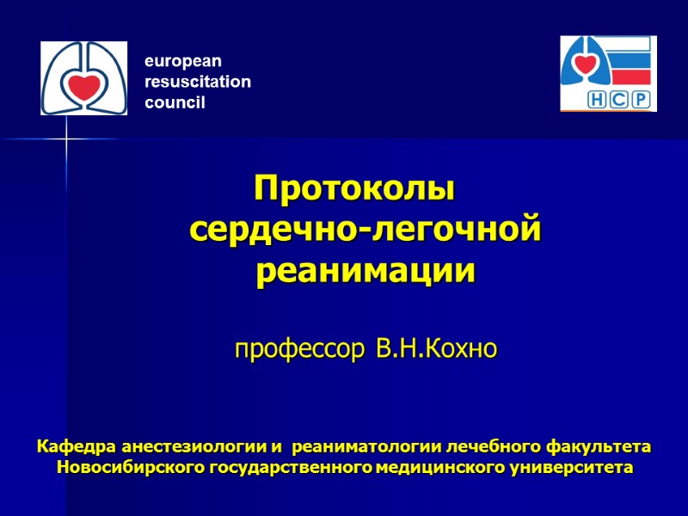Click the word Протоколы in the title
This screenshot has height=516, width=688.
353,188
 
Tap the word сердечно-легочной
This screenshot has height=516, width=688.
365,230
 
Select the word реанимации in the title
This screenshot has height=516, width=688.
365,272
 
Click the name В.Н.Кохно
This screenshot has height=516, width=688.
437,350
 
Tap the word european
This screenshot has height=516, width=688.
182,62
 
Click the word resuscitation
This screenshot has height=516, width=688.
198,83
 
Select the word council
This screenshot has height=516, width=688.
175,103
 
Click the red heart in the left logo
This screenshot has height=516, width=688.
83,86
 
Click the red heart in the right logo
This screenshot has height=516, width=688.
586,65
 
